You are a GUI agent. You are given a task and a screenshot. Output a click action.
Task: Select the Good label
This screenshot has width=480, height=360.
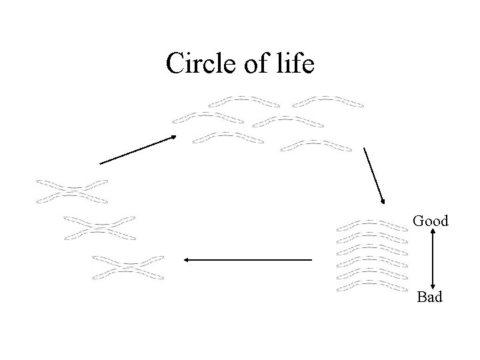[430, 221]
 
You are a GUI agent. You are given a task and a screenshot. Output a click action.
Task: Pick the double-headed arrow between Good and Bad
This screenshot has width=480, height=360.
[433, 258]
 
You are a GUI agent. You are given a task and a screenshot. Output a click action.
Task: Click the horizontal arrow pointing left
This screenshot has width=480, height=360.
[247, 259]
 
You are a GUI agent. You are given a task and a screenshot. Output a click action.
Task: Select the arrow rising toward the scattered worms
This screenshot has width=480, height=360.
[137, 149]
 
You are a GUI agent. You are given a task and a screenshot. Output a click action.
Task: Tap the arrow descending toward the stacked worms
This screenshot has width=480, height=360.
[374, 174]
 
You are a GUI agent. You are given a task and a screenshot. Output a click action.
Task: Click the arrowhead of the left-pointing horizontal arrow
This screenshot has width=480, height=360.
[187, 259]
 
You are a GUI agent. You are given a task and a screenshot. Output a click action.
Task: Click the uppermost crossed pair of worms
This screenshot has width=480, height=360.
[72, 190]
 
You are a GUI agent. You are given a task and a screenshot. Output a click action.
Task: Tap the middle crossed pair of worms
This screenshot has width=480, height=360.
[99, 227]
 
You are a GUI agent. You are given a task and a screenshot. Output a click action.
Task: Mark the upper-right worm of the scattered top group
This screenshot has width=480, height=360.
[328, 101]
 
